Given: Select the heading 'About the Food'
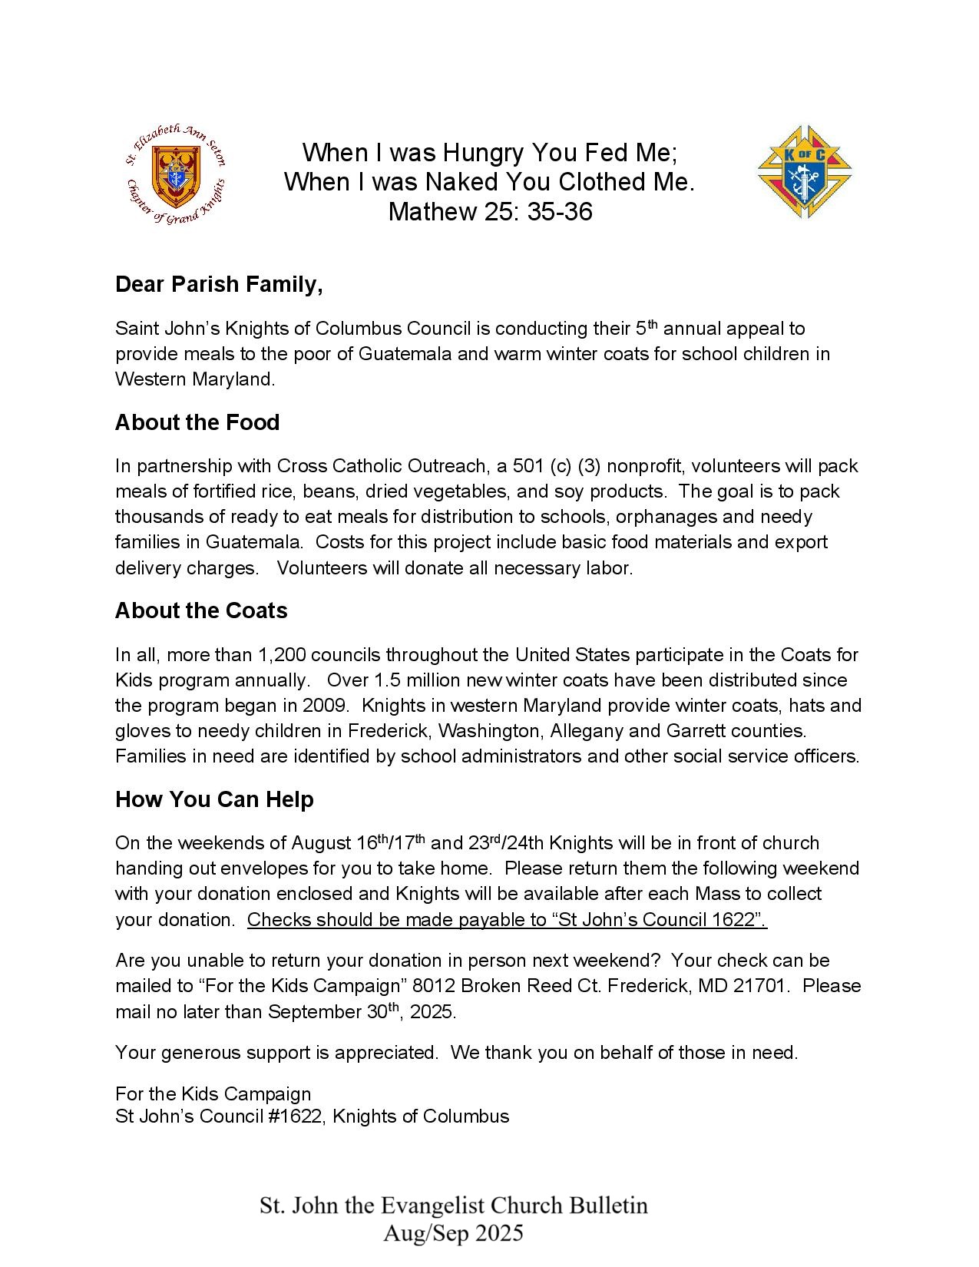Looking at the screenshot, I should point(197,423).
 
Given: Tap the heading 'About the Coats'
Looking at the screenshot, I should point(201,611).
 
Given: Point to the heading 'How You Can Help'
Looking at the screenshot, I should point(214,800).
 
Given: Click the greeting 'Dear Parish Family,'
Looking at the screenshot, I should point(219,285).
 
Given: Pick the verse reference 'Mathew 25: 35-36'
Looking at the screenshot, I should point(490,212).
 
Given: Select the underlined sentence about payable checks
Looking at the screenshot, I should point(507,920).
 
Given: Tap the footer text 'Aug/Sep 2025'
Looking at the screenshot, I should point(453,1233).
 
